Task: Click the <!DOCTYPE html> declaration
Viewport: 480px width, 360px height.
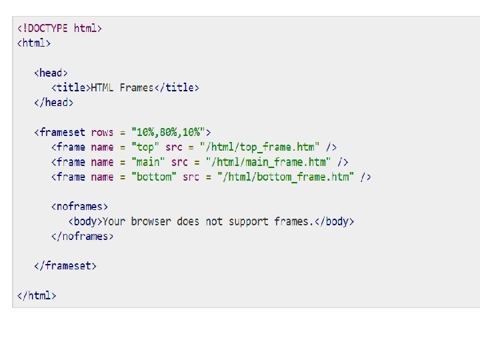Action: point(59,28)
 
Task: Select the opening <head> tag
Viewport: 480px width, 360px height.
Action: point(51,73)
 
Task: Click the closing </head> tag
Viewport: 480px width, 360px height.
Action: point(54,102)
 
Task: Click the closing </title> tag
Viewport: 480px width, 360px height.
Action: point(177,87)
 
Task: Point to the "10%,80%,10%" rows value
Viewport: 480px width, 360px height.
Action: point(171,132)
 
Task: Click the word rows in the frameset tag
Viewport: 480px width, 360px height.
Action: point(102,132)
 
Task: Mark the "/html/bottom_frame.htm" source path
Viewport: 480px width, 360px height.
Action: point(287,177)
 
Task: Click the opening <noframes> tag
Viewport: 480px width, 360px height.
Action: point(79,207)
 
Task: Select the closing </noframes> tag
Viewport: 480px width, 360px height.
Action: point(82,236)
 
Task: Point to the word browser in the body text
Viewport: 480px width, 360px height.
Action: point(151,221)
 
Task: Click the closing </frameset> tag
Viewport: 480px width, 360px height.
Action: point(65,265)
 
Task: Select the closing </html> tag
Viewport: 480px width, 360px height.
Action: point(37,295)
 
